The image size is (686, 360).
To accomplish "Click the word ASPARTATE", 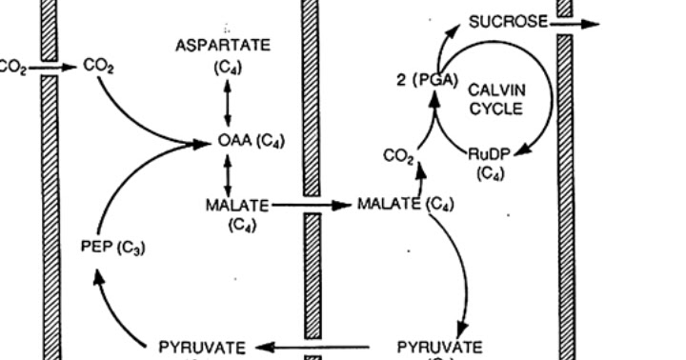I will point(223,45).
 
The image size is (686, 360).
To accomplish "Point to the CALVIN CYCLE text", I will point(496,98).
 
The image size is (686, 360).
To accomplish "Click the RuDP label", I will point(490,154).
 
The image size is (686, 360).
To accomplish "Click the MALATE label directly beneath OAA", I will point(238,204).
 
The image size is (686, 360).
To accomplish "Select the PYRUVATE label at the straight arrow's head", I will point(202,347).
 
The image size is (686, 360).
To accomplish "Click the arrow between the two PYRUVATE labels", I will point(314,347).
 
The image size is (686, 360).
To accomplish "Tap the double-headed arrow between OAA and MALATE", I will point(228,176).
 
